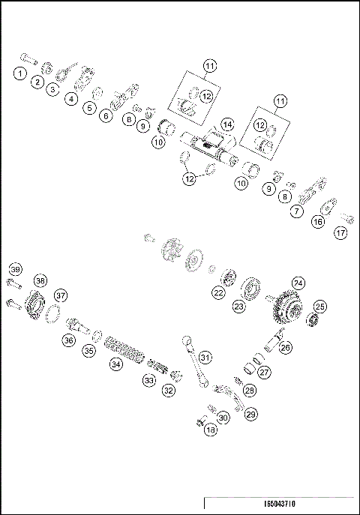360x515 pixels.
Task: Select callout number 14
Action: pyautogui.click(x=226, y=124)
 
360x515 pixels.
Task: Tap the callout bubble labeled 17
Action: pyautogui.click(x=341, y=232)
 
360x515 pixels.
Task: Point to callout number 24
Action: pyautogui.click(x=298, y=283)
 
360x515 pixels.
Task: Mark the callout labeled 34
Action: pyautogui.click(x=115, y=364)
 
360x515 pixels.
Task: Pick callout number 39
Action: pyautogui.click(x=15, y=270)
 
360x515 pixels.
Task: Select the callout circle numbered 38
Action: pyautogui.click(x=40, y=280)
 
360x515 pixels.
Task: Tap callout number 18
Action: pyautogui.click(x=211, y=430)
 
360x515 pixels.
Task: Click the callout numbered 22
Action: pyautogui.click(x=218, y=293)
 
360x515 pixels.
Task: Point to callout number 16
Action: pyautogui.click(x=318, y=222)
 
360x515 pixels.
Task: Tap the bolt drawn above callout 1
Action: pyautogui.click(x=27, y=58)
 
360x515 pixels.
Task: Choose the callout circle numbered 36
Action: pyautogui.click(x=69, y=340)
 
